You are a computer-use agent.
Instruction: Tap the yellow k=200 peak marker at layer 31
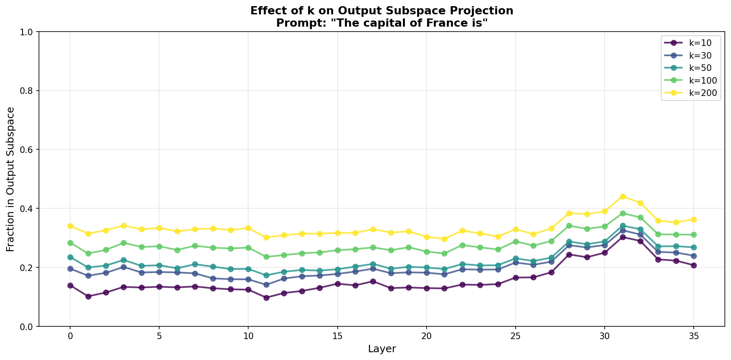click(x=623, y=196)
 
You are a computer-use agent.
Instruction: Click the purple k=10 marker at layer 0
click(x=70, y=285)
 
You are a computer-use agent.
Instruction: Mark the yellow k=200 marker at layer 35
click(x=694, y=219)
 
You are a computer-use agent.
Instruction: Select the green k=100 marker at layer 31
click(x=623, y=213)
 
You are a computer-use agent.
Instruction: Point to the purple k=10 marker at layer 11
click(x=266, y=298)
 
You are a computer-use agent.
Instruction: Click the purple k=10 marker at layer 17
click(x=373, y=281)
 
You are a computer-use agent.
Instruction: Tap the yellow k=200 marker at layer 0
click(x=70, y=226)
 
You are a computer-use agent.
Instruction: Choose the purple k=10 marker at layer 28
click(x=569, y=255)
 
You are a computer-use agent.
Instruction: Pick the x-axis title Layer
click(x=382, y=349)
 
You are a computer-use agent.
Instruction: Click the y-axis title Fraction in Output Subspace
click(x=11, y=179)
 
